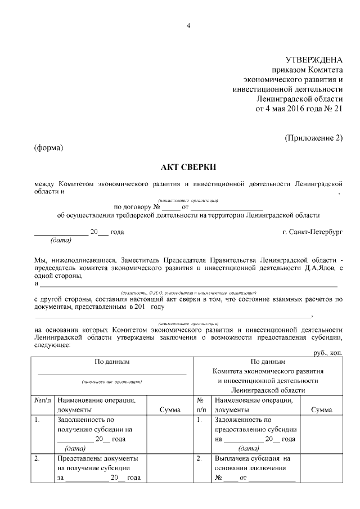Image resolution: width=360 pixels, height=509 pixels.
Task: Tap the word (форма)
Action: click(x=48, y=148)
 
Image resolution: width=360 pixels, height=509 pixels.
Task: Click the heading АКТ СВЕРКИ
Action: click(x=188, y=167)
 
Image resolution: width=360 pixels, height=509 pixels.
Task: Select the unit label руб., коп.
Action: click(x=328, y=352)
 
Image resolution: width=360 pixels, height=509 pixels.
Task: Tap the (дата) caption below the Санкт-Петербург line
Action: click(x=61, y=241)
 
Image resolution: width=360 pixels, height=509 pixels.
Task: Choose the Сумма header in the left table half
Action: click(x=170, y=410)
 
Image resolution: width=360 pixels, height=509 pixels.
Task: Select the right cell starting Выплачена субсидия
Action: click(x=255, y=468)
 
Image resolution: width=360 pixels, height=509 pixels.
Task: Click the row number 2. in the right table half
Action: click(x=199, y=458)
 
